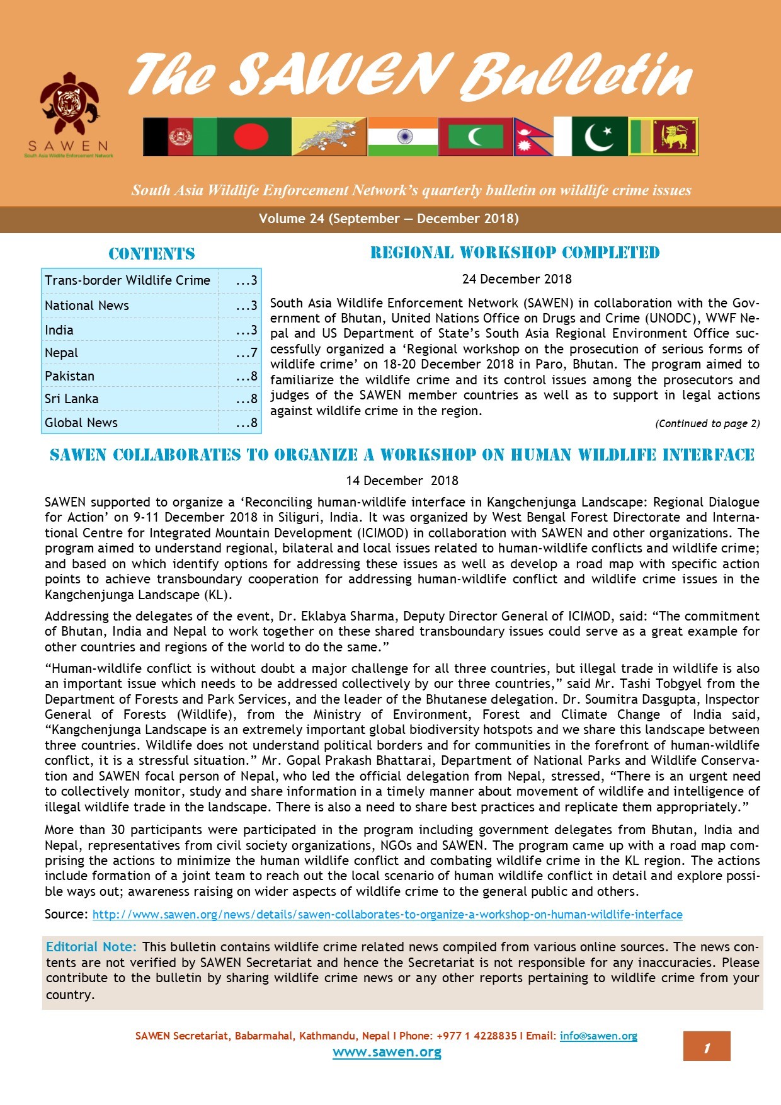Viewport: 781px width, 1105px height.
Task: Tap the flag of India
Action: click(402, 137)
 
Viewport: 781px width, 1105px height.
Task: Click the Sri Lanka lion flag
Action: click(675, 137)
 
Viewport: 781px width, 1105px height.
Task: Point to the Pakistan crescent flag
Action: click(599, 137)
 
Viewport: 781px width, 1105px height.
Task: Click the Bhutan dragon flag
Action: click(329, 137)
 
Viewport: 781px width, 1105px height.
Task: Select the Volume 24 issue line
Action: click(389, 219)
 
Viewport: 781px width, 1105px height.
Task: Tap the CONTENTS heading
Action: click(152, 254)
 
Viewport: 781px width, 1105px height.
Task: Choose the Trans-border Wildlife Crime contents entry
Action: click(128, 280)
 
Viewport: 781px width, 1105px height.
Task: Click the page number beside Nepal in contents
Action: click(246, 353)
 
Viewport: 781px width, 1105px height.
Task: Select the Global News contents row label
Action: click(81, 423)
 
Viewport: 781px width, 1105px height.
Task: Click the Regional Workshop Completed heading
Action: click(515, 253)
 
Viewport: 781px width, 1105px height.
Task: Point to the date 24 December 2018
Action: click(516, 279)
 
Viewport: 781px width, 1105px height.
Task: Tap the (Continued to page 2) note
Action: click(707, 424)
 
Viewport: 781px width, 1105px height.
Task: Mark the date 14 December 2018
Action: click(402, 481)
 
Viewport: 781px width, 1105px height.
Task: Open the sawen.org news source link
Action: click(387, 914)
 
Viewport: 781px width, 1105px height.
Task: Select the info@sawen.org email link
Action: click(598, 1036)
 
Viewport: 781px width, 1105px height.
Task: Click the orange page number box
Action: click(707, 1046)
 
